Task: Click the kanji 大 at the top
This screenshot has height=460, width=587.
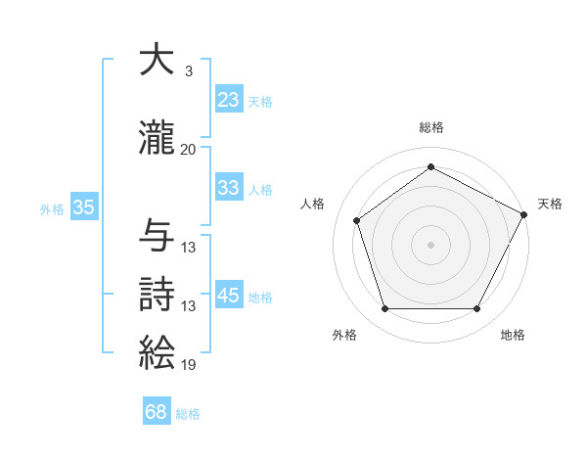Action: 158,62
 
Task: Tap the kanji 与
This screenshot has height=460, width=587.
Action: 158,236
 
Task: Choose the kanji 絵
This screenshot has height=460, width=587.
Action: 158,352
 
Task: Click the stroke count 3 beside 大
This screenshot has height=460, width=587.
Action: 188,71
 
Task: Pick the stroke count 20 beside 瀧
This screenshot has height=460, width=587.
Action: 189,149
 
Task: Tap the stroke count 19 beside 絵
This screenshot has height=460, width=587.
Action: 189,365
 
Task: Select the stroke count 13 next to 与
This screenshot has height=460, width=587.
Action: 189,248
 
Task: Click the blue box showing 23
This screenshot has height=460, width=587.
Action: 229,99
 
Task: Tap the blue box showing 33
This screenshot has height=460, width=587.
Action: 229,188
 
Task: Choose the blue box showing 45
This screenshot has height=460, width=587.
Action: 229,295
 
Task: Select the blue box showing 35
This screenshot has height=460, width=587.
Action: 84,207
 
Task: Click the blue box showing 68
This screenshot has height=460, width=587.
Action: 157,412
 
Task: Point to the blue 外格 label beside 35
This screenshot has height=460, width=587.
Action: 52,208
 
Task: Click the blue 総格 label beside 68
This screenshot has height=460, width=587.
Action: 188,414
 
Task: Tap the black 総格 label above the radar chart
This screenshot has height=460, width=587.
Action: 431,127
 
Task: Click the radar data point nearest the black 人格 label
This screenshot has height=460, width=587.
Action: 356,220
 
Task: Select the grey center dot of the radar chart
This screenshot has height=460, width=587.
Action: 431,244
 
